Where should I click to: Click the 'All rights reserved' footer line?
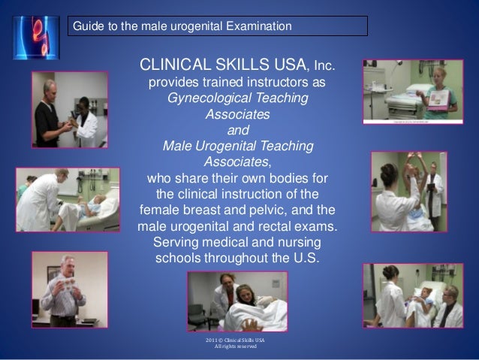pyautogui.click(x=236, y=347)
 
